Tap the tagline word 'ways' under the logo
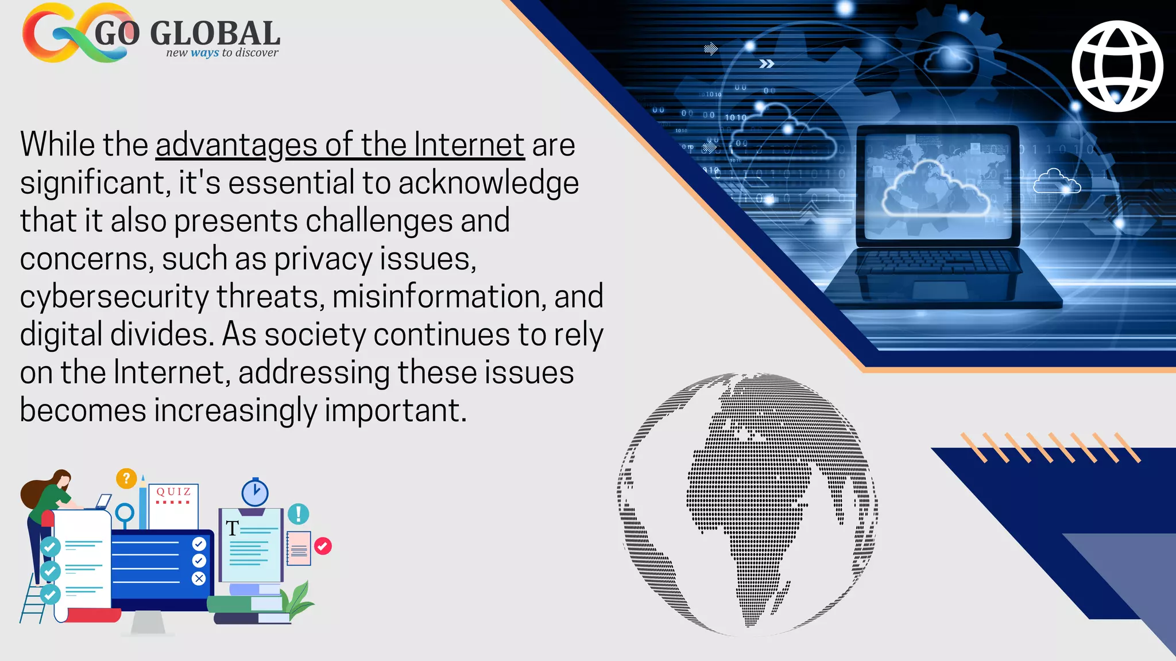click(x=204, y=53)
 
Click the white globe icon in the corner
click(x=1117, y=66)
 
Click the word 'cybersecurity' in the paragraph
click(x=114, y=297)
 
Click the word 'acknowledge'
click(x=488, y=183)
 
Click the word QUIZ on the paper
click(x=173, y=492)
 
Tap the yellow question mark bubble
click(x=126, y=478)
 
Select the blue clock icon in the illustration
click(x=254, y=492)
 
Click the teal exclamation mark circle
click(x=298, y=514)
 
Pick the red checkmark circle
click(x=323, y=546)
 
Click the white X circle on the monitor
click(x=199, y=578)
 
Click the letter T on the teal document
click(x=232, y=528)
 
